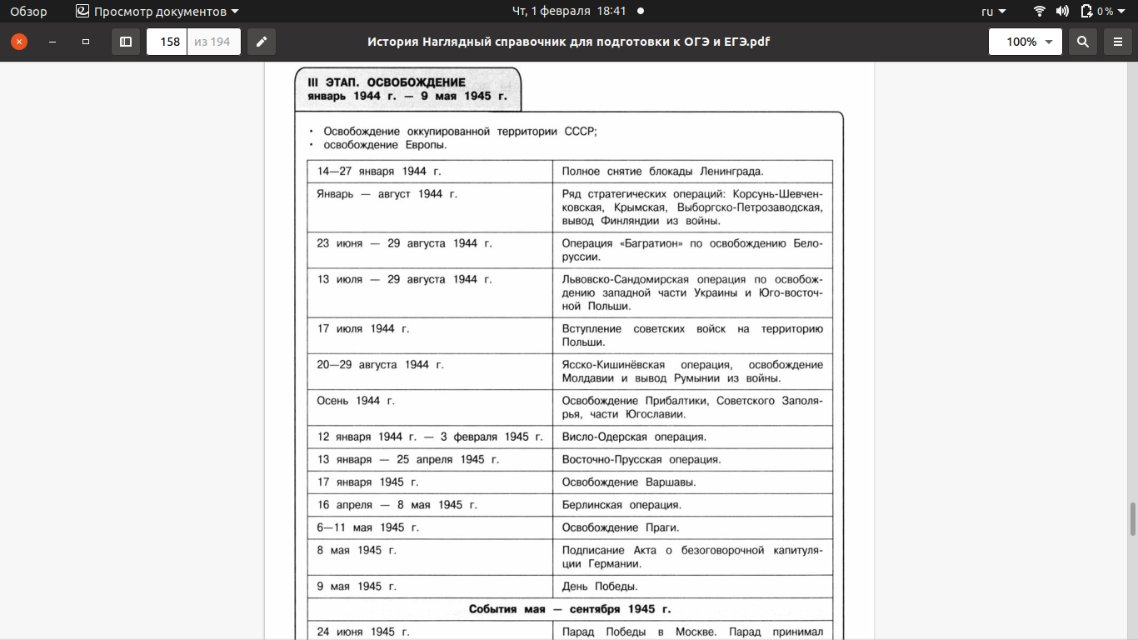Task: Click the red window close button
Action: [x=18, y=42]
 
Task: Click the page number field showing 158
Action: [x=169, y=42]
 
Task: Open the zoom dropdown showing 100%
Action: [x=1025, y=42]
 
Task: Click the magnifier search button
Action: [x=1082, y=42]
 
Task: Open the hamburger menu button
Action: [x=1118, y=42]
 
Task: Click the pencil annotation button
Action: [x=262, y=42]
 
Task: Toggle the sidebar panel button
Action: [x=126, y=42]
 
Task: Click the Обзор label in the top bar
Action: [x=28, y=12]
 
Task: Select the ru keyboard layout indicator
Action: [x=993, y=12]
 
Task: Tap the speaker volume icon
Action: [x=1062, y=12]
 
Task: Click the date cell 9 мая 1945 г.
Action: [x=357, y=587]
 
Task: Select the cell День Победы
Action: [x=600, y=587]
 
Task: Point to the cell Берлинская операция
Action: [x=621, y=505]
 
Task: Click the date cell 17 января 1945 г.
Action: [x=367, y=482]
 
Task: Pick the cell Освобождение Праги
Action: [x=621, y=527]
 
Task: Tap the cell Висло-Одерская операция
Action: [x=634, y=437]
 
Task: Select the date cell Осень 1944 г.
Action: [x=356, y=401]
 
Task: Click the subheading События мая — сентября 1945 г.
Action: [x=569, y=609]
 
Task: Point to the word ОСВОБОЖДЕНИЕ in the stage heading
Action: [x=417, y=82]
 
